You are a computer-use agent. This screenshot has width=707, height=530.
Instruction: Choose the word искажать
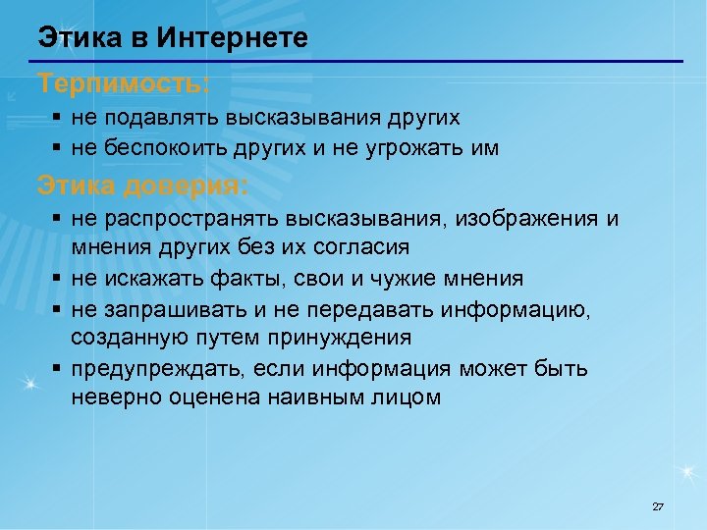(x=151, y=278)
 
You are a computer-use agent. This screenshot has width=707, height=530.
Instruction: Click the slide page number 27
(x=658, y=506)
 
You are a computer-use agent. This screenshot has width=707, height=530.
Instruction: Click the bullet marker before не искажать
(x=57, y=278)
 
